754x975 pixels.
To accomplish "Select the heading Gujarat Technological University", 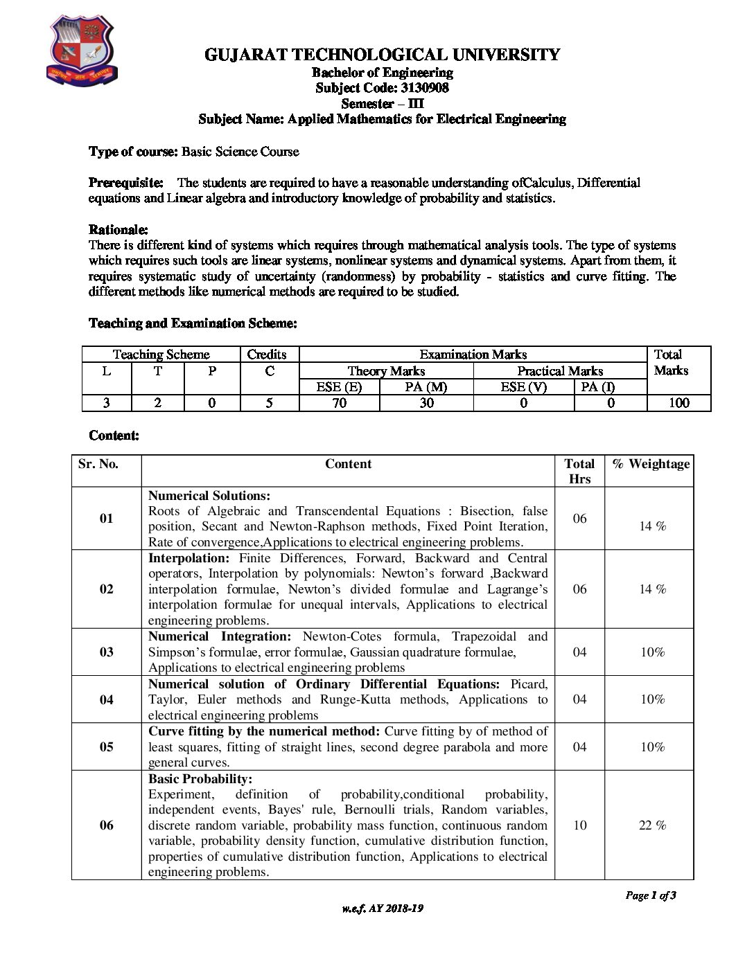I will point(382,55).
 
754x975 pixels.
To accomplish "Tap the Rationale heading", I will point(119,229).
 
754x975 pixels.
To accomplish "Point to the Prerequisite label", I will point(126,183).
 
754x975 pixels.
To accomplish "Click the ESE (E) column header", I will point(339,387).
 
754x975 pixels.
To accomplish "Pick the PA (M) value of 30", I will point(426,403).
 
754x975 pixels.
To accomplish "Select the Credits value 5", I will point(269,403).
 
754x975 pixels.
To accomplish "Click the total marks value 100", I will point(678,403).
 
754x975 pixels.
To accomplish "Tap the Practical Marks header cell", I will point(560,371).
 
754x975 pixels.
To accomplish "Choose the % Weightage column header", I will point(651,464).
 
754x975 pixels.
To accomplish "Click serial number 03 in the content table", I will point(106,652).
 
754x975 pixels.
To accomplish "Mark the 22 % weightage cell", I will point(652,825).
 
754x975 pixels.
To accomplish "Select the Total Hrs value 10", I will point(579,825).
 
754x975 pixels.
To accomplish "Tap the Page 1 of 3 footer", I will point(650,895).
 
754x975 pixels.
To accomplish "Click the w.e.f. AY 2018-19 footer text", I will point(382,909).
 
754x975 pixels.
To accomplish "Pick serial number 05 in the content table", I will point(106,747).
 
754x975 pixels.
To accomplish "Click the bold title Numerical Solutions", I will point(209,496).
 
